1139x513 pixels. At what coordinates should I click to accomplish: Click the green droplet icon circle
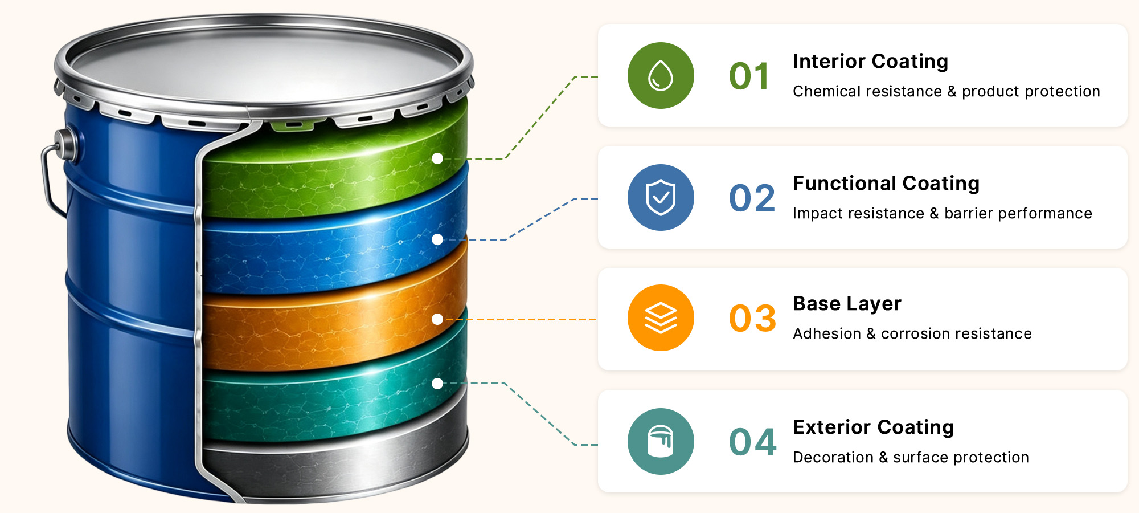[661, 75]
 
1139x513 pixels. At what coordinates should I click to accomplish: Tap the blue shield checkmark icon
[661, 197]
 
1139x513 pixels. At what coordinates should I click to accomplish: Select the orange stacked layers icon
[661, 317]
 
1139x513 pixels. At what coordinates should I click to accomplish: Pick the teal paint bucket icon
[661, 441]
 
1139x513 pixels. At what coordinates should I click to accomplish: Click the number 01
[749, 76]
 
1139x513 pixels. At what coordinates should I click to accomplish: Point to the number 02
[752, 198]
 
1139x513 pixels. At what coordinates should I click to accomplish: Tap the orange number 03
[752, 318]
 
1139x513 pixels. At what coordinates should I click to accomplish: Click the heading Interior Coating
[870, 61]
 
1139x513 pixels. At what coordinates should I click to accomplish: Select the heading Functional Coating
[886, 183]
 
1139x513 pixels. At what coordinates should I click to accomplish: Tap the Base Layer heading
[847, 304]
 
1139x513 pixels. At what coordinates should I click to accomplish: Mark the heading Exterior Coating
[873, 427]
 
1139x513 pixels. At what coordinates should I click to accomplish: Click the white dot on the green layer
[437, 158]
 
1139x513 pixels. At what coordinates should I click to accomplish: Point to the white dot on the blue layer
[437, 239]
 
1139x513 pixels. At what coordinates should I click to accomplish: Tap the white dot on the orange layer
[437, 319]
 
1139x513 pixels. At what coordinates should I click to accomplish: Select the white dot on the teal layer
[437, 384]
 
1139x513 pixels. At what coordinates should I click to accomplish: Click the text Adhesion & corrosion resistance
[912, 333]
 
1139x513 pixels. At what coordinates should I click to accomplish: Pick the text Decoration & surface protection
[911, 457]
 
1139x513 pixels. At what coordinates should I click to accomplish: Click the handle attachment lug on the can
[66, 145]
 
